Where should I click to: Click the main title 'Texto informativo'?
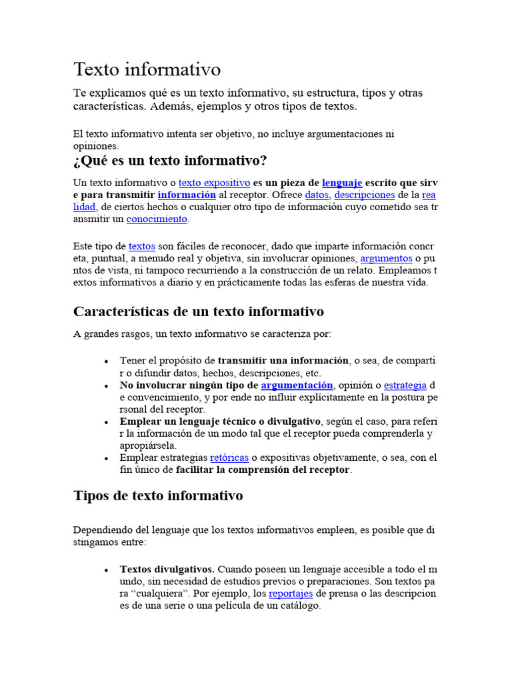click(x=147, y=69)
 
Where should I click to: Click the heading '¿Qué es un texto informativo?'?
click(x=170, y=161)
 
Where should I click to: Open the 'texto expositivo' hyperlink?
click(x=214, y=182)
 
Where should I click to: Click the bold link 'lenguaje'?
click(x=342, y=182)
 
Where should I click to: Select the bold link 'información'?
click(x=187, y=195)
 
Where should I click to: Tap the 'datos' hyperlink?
click(x=317, y=195)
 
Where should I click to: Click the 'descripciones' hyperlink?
click(x=364, y=195)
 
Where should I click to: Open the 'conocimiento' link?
click(x=157, y=219)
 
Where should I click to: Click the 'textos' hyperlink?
click(x=142, y=246)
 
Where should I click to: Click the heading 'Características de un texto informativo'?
click(x=199, y=311)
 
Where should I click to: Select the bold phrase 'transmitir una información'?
click(x=283, y=361)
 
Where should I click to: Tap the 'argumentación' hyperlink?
click(x=297, y=386)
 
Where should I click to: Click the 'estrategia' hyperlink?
click(x=405, y=386)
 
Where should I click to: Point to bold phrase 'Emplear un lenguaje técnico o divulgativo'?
click(x=221, y=422)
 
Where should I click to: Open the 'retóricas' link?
click(x=229, y=458)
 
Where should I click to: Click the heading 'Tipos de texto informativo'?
click(x=158, y=496)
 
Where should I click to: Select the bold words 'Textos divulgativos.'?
click(x=167, y=570)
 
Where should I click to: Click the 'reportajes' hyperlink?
click(x=291, y=594)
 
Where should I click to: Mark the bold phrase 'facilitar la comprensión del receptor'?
click(x=263, y=470)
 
